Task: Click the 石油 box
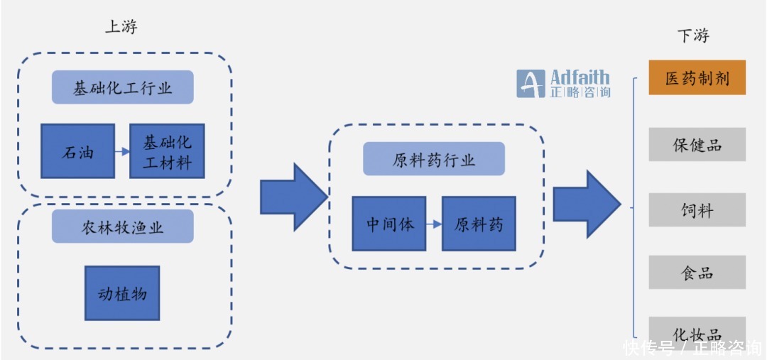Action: pos(77,151)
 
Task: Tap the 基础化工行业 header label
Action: pos(122,87)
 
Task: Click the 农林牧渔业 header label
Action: pos(122,227)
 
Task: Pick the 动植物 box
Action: pos(122,293)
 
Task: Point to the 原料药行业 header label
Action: pos(434,159)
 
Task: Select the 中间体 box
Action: pos(389,224)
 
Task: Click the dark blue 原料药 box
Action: pos(479,224)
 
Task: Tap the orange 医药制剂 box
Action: pos(697,77)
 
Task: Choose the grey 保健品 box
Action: pos(697,144)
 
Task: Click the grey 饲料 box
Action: pos(697,209)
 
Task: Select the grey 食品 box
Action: pos(697,273)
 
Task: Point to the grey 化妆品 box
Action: pos(697,332)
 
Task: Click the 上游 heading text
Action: pos(121,27)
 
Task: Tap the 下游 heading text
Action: pos(693,36)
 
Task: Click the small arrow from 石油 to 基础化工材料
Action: pos(121,151)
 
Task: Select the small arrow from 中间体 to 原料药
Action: pos(434,224)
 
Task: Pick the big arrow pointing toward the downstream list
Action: pos(584,204)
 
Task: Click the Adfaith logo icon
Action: pos(531,84)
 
